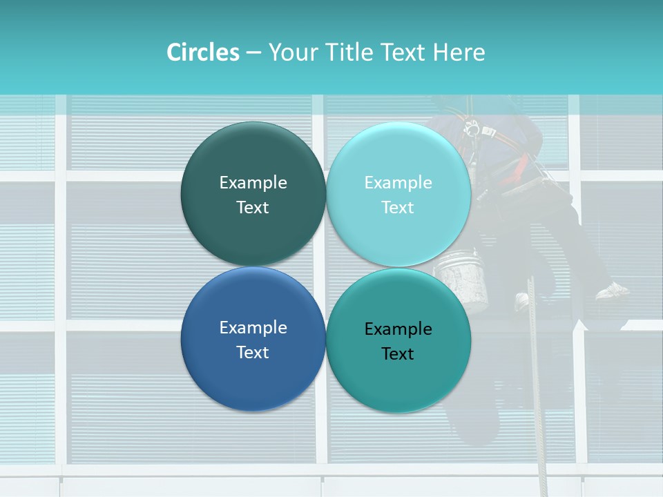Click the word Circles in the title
click(202, 52)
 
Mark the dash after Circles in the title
click(253, 53)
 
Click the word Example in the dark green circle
click(253, 182)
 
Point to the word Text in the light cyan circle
click(398, 207)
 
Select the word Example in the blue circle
click(253, 327)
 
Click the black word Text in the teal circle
click(398, 353)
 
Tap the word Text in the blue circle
click(253, 352)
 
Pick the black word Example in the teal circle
click(398, 329)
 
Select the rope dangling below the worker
click(536, 387)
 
